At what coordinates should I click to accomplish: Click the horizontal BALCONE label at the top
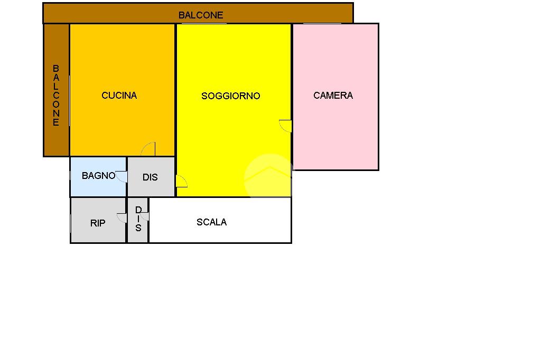click(x=201, y=15)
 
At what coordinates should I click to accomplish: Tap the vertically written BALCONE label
click(x=56, y=96)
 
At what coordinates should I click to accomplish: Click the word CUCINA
click(x=119, y=96)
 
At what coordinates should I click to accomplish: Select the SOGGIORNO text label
click(x=231, y=96)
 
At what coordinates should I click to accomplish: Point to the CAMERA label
click(x=333, y=96)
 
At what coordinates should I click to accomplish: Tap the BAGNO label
click(x=98, y=176)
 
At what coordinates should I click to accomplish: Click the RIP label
click(x=98, y=223)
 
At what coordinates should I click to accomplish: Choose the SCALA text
click(x=211, y=222)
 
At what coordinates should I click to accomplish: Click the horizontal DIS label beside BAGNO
click(x=150, y=177)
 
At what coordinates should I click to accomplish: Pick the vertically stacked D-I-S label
click(x=138, y=219)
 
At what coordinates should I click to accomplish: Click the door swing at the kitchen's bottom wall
click(x=148, y=149)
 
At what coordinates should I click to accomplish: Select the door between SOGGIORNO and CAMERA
click(x=285, y=126)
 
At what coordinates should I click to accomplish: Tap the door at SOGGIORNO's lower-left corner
click(x=181, y=182)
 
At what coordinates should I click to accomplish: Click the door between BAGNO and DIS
click(x=122, y=176)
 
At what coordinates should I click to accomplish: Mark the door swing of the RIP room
click(x=122, y=217)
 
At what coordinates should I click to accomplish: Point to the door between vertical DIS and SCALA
click(x=145, y=216)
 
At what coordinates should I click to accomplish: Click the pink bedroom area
click(x=335, y=132)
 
